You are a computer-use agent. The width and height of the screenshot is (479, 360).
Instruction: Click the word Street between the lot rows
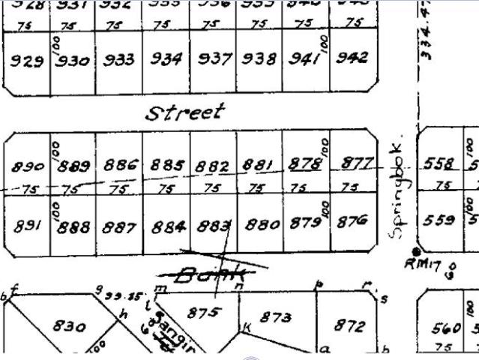pyautogui.click(x=184, y=113)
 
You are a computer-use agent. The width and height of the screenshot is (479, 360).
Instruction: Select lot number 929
pyautogui.click(x=25, y=61)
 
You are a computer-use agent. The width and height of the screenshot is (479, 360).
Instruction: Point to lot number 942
pyautogui.click(x=352, y=58)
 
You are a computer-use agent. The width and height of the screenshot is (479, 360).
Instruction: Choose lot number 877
pyautogui.click(x=357, y=163)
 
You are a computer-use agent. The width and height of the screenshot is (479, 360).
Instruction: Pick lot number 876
pyautogui.click(x=352, y=221)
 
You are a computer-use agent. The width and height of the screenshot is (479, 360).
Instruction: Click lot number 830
pyautogui.click(x=69, y=326)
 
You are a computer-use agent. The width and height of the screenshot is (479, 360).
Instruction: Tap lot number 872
pyautogui.click(x=349, y=325)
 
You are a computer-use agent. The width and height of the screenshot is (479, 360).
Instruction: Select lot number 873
pyautogui.click(x=275, y=318)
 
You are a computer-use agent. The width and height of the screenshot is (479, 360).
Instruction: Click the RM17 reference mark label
pyautogui.click(x=418, y=263)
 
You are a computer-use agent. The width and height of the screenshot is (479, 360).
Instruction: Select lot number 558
pyautogui.click(x=438, y=165)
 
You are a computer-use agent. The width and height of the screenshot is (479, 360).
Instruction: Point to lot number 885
pyautogui.click(x=167, y=165)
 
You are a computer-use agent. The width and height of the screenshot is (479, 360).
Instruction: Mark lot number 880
pyautogui.click(x=262, y=223)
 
